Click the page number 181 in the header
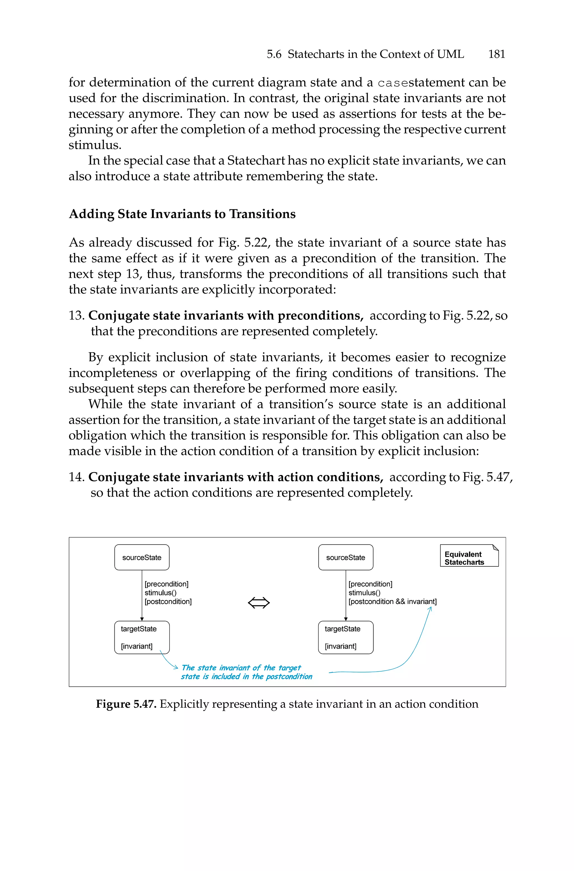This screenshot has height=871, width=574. click(x=496, y=54)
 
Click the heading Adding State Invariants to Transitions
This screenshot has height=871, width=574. click(x=182, y=214)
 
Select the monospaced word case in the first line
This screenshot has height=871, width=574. click(x=392, y=83)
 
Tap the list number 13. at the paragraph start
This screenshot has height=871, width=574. click(x=77, y=315)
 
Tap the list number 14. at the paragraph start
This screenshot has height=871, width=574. click(x=77, y=477)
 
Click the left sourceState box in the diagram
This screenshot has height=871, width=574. click(x=142, y=557)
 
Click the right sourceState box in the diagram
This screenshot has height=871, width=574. click(x=346, y=557)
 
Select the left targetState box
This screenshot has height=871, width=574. click(x=142, y=637)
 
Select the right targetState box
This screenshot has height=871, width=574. click(x=346, y=637)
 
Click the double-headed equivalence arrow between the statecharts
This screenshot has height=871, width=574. click(x=259, y=603)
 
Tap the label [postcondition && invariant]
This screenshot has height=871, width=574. click(x=392, y=601)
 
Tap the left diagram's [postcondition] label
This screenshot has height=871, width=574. click(x=168, y=601)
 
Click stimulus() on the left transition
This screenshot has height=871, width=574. click(x=161, y=593)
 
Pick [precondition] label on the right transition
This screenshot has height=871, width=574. click(x=370, y=584)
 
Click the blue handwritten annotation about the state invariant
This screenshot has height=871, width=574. click(x=246, y=672)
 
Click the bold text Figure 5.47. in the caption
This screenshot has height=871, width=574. click(x=126, y=704)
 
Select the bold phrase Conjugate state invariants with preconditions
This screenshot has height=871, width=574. click(x=226, y=315)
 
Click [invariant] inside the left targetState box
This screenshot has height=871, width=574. click(x=136, y=646)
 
